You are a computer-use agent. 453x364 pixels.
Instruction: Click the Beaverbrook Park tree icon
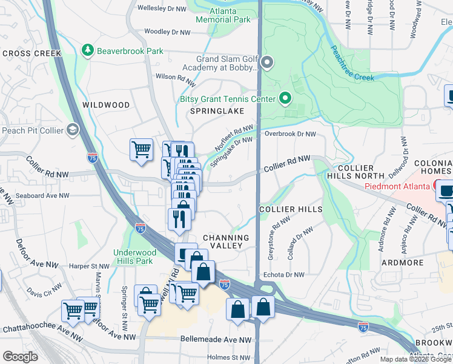pos(88,51)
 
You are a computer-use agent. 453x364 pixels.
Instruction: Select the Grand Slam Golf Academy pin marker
pos(267,62)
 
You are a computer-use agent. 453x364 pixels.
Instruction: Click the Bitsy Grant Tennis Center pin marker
pos(285,99)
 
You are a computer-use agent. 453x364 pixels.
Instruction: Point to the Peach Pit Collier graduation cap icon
pos(73,130)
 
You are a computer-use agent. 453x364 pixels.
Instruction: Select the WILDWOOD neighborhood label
pos(106,105)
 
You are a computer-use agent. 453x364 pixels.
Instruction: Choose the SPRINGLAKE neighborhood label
pos(217,112)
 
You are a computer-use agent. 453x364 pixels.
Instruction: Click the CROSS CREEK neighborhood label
pos(32,53)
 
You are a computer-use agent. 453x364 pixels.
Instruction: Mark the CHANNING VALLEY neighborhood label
pos(226,241)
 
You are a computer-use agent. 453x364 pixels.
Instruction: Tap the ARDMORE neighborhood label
pos(402,263)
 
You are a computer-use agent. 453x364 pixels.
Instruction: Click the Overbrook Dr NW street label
pos(290,133)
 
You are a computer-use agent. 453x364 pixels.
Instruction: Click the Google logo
pos(20,357)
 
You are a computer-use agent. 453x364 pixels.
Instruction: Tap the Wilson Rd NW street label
pos(176,78)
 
